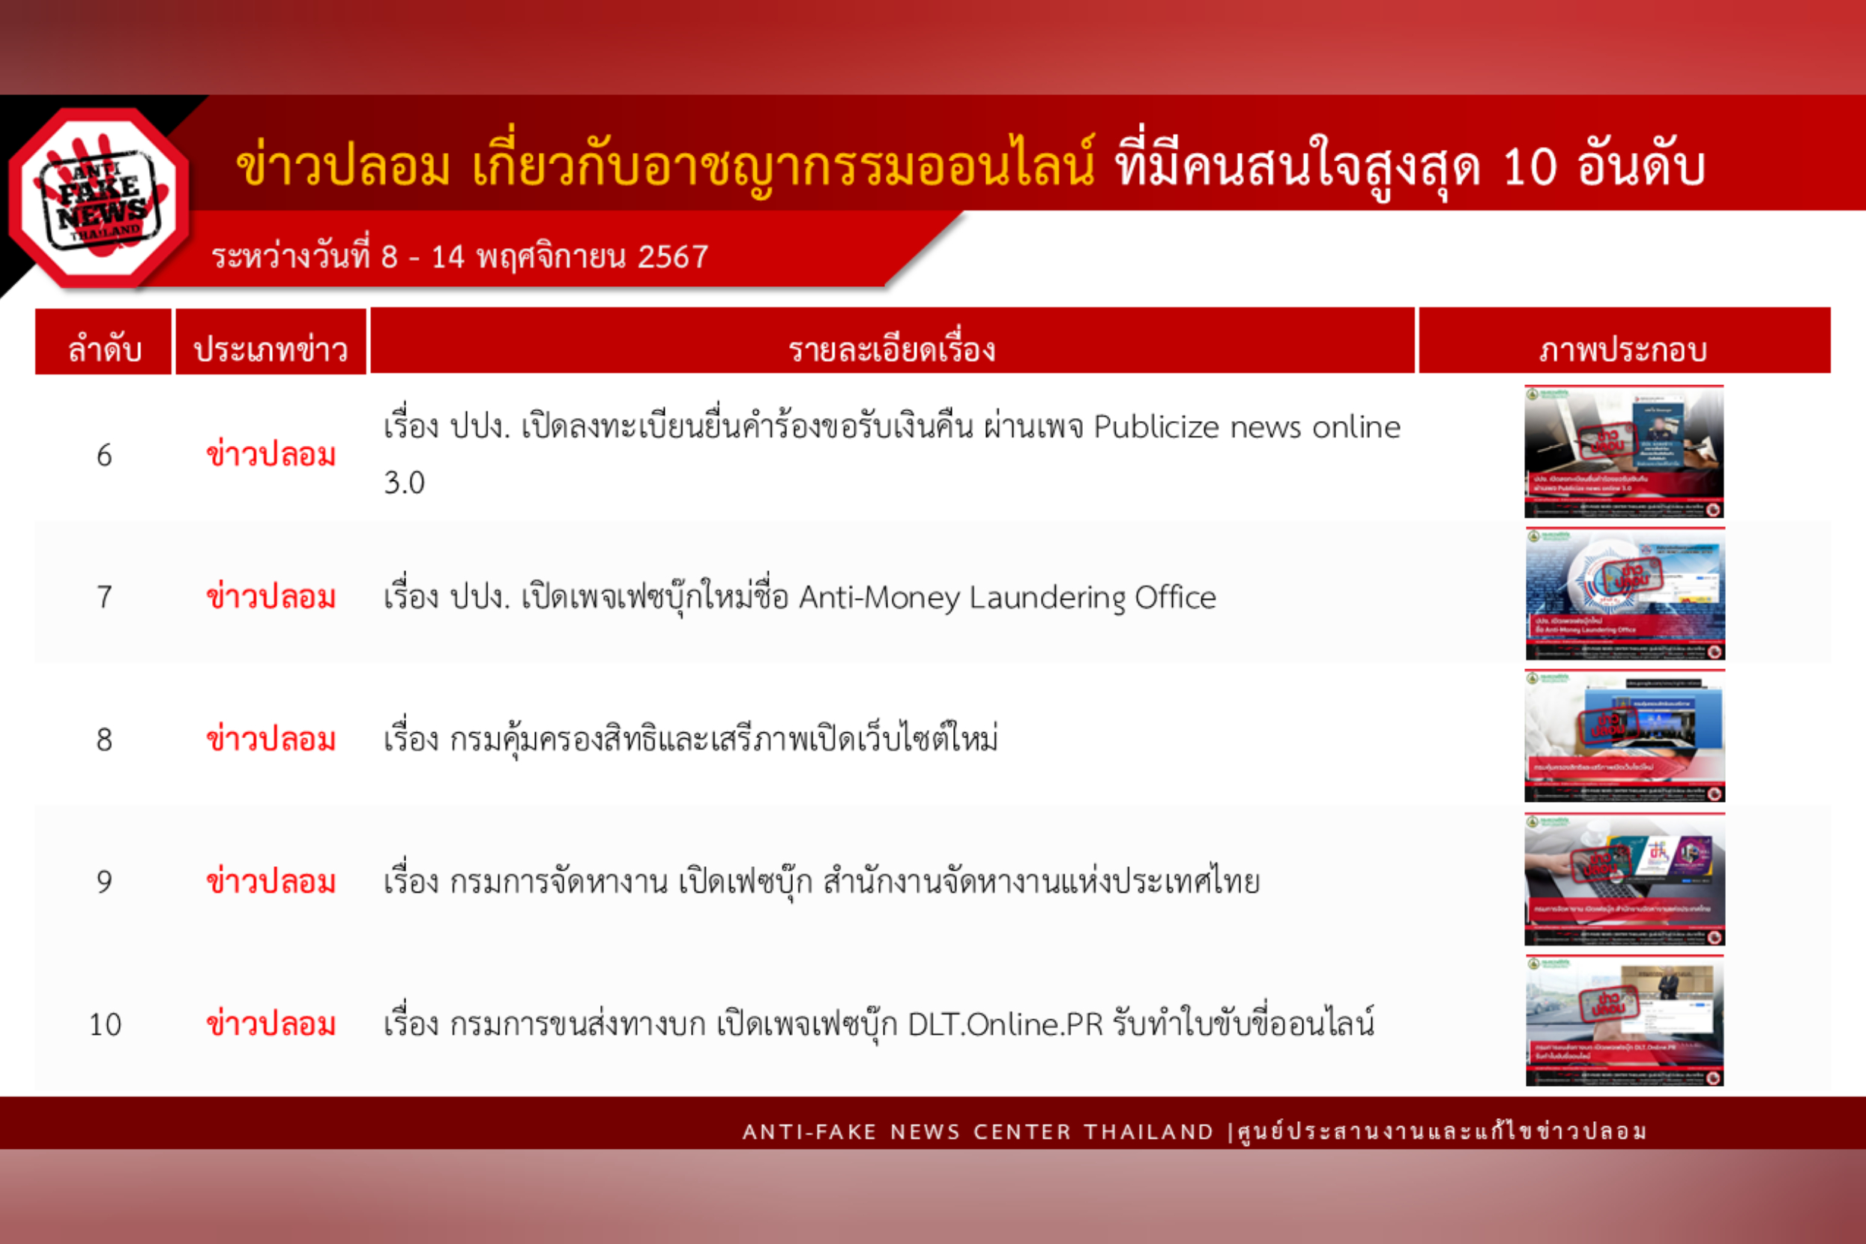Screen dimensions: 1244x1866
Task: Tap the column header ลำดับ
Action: [104, 349]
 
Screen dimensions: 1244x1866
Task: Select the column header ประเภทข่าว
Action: [271, 349]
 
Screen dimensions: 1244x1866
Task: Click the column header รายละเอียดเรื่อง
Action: [892, 349]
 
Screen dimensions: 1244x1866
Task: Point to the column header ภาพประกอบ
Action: [1623, 349]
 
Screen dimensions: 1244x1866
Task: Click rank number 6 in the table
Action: [104, 456]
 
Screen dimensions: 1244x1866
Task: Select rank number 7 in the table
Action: [104, 597]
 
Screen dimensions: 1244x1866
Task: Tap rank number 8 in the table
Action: [104, 740]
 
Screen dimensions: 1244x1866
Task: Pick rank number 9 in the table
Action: [104, 881]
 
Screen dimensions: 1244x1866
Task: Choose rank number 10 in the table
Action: [105, 1024]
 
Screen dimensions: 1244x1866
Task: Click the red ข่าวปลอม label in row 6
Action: [271, 456]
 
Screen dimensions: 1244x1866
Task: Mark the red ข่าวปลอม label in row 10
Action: [271, 1024]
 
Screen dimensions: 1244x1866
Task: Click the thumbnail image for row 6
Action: [1624, 451]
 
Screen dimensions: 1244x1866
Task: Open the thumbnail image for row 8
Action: [1624, 736]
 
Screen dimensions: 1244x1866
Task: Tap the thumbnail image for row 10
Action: [1624, 1021]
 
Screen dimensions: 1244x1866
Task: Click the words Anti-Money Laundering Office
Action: [1006, 597]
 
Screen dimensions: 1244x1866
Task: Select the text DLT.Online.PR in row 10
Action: [1005, 1025]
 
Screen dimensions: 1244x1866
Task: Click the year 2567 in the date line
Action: [673, 257]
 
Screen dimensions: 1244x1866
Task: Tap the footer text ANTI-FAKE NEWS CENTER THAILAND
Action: [977, 1132]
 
